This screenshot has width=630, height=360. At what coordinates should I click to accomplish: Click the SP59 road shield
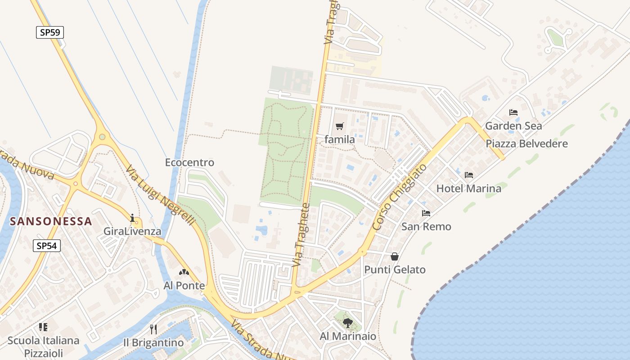[x=50, y=32]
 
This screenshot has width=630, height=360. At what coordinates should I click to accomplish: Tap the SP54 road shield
[x=47, y=246]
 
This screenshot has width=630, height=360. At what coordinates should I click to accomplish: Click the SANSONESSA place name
[x=51, y=221]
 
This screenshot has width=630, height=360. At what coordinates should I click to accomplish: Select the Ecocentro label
[x=189, y=162]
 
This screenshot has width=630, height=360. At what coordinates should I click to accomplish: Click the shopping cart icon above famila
[x=340, y=126]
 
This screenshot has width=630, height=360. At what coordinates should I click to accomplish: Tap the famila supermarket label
[x=340, y=139]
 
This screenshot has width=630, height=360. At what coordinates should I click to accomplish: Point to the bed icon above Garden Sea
[x=513, y=112]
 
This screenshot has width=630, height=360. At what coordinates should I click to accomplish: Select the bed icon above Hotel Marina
[x=469, y=175]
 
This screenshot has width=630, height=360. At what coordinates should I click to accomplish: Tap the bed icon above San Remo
[x=426, y=213]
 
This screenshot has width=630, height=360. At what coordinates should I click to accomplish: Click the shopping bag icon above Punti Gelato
[x=395, y=256]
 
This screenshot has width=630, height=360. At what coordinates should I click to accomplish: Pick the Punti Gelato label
[x=395, y=270]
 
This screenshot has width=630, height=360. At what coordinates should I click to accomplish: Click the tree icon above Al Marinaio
[x=347, y=323]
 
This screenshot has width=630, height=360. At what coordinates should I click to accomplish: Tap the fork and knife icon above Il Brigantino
[x=153, y=329]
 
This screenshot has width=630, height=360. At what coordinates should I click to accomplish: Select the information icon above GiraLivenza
[x=132, y=218]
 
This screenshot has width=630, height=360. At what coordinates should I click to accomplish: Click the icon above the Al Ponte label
[x=184, y=272]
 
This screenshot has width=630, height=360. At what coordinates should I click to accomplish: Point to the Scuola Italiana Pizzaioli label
[x=44, y=346]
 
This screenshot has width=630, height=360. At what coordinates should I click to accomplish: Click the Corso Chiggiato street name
[x=400, y=197]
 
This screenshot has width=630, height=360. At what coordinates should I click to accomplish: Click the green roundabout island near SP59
[x=102, y=136]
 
